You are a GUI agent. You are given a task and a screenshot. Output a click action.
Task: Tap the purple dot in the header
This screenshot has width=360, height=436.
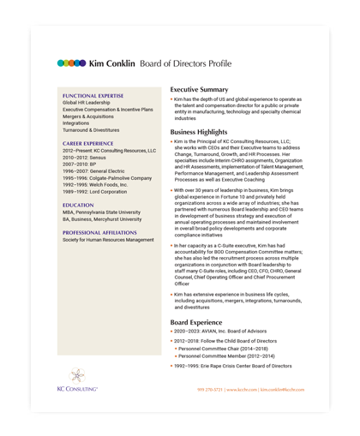point(81,63)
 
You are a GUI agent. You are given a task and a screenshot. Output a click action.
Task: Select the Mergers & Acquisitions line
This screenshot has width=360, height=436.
point(88,116)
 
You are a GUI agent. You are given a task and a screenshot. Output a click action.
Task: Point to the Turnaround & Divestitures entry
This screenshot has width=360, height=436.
point(94,130)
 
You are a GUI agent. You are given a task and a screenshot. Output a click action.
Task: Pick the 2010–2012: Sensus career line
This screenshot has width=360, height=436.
point(86,158)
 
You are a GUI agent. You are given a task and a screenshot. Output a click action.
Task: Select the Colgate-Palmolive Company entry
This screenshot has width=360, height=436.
point(106,178)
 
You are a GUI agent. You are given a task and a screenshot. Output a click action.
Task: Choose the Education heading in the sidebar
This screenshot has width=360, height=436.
point(78,206)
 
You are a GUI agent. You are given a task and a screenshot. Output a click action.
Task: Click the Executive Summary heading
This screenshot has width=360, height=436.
point(199,89)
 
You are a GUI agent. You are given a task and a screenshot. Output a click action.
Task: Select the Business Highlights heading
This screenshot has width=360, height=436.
point(199,132)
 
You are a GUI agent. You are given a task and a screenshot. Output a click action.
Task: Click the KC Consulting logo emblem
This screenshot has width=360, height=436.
point(77,376)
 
